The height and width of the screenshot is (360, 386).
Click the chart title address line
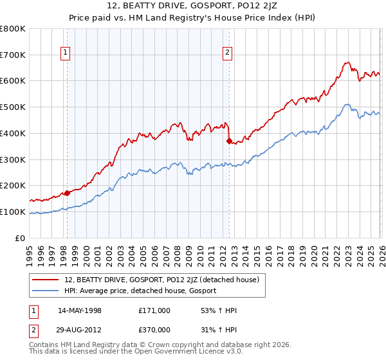(193, 7)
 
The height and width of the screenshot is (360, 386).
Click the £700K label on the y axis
(13, 55)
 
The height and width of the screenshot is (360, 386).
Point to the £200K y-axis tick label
(13, 185)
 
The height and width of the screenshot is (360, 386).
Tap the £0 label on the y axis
(21, 238)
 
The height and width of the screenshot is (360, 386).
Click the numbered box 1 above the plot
(66, 53)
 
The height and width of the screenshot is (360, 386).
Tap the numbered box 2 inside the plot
(228, 53)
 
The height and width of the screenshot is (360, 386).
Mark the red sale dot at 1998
(67, 193)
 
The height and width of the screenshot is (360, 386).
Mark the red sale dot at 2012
(229, 141)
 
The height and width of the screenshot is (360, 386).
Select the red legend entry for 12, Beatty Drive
(161, 280)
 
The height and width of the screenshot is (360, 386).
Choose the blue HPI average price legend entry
(140, 291)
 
